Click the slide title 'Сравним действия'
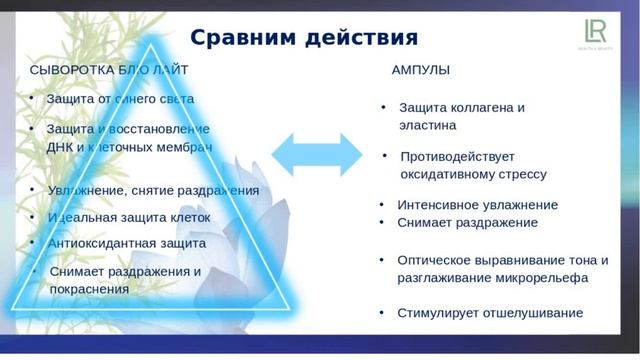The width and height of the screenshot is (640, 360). coord(303,38)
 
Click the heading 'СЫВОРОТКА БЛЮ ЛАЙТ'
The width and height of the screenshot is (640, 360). coord(108,70)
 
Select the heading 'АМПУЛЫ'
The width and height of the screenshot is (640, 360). coord(419,70)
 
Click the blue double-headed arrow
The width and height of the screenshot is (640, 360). coord(316,154)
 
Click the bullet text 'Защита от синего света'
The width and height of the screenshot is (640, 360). coord(120,99)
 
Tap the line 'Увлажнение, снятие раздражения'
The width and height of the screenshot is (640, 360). coord(152,190)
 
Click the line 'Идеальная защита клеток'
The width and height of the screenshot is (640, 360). coord(128,217)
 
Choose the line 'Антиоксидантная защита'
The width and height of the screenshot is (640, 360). coord(126,243)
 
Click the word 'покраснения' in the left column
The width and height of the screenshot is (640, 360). coord(89,289)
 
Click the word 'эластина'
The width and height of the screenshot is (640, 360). coord(427,126)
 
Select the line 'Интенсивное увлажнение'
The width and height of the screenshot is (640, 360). coord(477,205)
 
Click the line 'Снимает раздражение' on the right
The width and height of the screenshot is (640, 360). coord(467,223)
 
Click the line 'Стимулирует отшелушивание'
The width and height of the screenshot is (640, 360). coord(489,313)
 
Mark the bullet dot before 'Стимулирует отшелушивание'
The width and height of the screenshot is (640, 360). coord(382,312)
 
